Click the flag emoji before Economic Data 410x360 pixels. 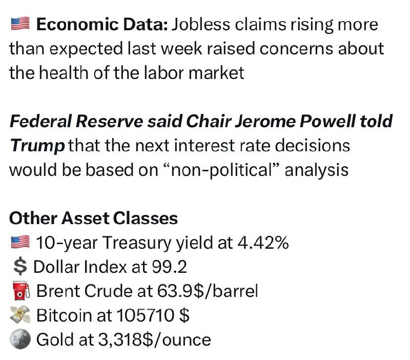pyautogui.click(x=20, y=24)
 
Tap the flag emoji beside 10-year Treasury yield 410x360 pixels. pyautogui.click(x=20, y=242)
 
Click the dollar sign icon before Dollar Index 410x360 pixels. pyautogui.click(x=20, y=267)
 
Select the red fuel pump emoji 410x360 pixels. pyautogui.click(x=22, y=290)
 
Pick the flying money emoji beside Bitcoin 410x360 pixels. pyautogui.click(x=20, y=315)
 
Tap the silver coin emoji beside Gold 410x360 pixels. pyautogui.click(x=20, y=339)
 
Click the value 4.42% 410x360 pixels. pyautogui.click(x=263, y=243)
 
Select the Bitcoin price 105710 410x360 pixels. pyautogui.click(x=145, y=315)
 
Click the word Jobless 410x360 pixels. pyautogui.click(x=201, y=24)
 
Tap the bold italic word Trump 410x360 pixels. pyautogui.click(x=37, y=146)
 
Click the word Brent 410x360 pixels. pyautogui.click(x=58, y=291)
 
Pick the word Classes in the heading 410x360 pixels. pyautogui.click(x=146, y=218)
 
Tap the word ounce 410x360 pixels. pyautogui.click(x=187, y=340)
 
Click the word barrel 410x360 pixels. pyautogui.click(x=235, y=291)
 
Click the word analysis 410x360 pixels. pyautogui.click(x=317, y=171)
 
